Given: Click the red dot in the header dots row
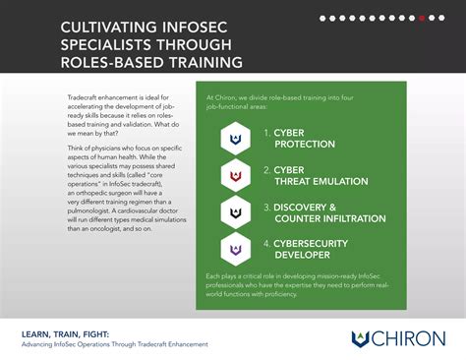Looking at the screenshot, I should coord(422,18).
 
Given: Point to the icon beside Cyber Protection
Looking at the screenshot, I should coord(235,138).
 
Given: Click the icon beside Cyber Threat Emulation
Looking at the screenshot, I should coord(235,175).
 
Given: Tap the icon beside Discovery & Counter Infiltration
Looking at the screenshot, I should coord(235,212).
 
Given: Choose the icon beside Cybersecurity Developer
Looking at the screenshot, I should coord(235,249).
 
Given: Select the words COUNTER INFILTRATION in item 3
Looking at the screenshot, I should coord(335,218).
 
